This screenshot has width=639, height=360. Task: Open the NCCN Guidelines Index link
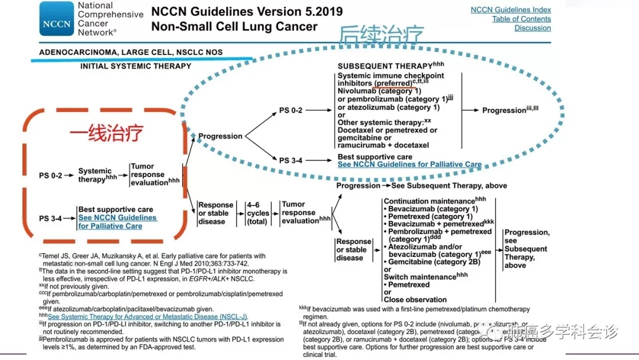pyautogui.click(x=511, y=9)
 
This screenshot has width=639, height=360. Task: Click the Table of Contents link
pyautogui.click(x=521, y=19)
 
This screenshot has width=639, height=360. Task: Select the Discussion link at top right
pyautogui.click(x=532, y=28)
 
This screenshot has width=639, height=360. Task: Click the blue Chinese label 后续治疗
pyautogui.click(x=381, y=37)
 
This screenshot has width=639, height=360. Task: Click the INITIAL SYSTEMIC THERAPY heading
pyautogui.click(x=135, y=66)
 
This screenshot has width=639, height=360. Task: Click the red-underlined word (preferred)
pyautogui.click(x=393, y=83)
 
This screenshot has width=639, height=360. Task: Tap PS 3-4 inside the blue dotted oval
pyautogui.click(x=292, y=160)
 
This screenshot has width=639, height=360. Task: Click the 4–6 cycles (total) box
pyautogui.click(x=258, y=213)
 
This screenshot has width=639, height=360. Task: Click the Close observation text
pyautogui.click(x=415, y=300)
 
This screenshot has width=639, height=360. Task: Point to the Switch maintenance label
pyautogui.click(x=419, y=277)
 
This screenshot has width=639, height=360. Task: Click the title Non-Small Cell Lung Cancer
pyautogui.click(x=234, y=27)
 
